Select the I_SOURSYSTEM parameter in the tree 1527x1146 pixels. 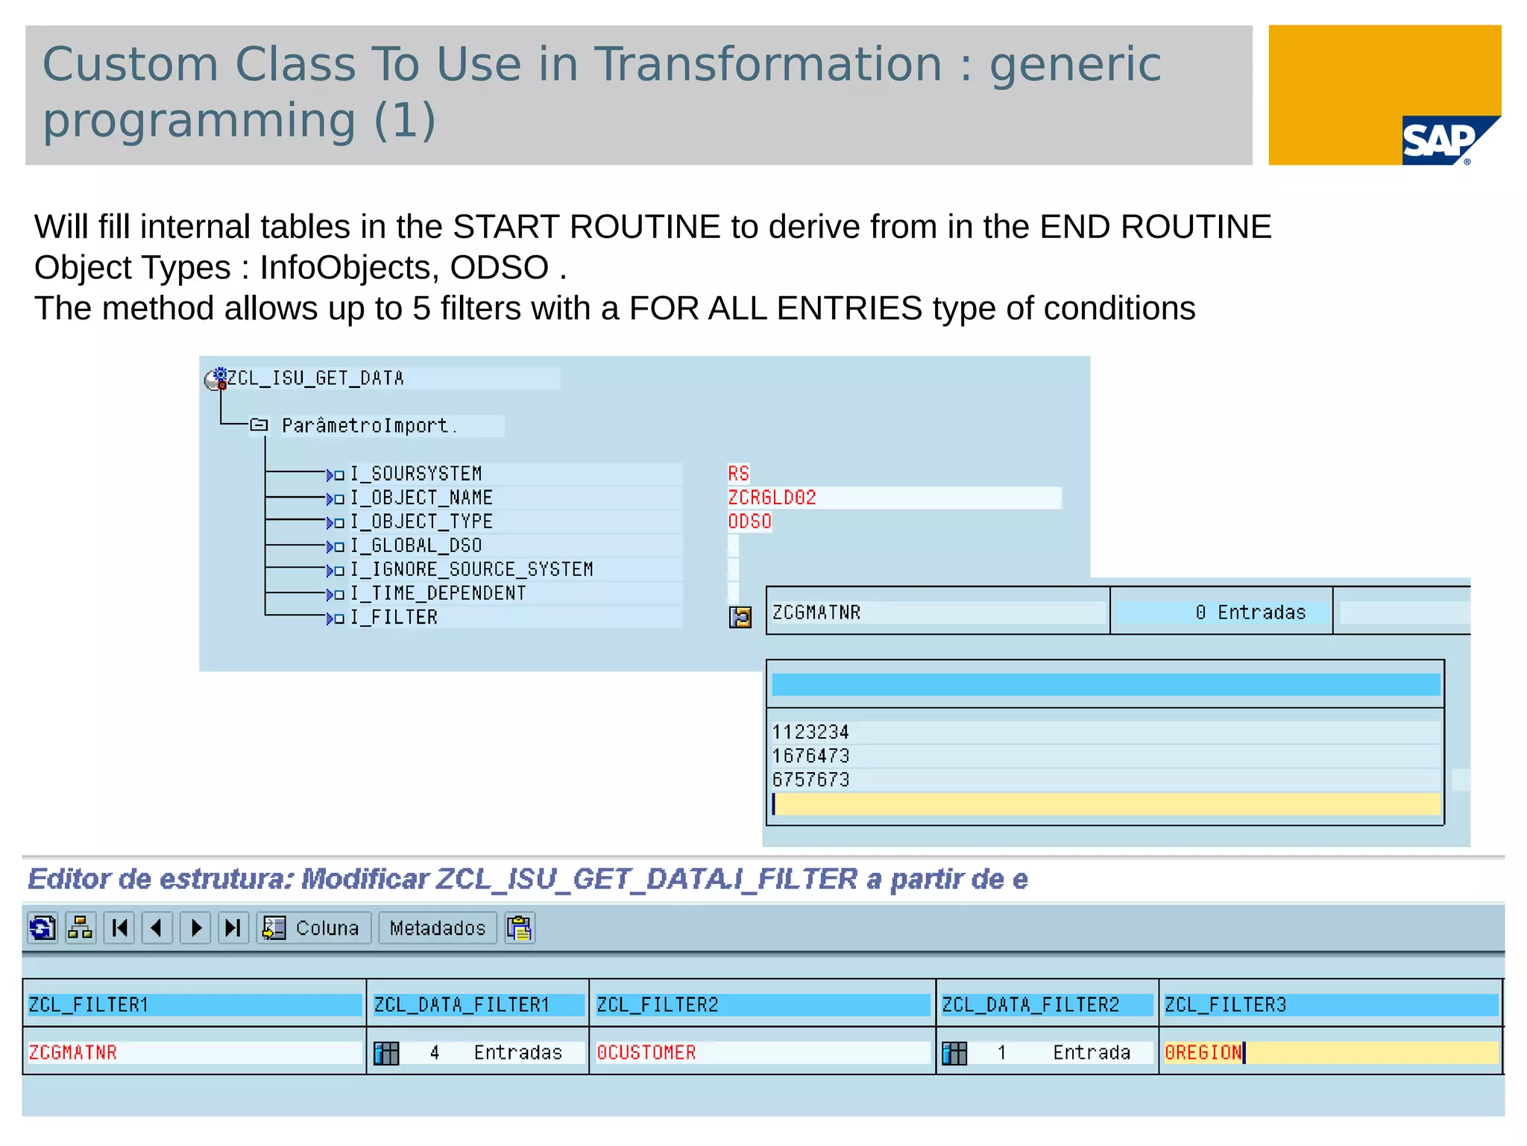coord(415,474)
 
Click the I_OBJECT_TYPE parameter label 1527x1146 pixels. coord(421,522)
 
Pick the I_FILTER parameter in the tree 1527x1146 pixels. coord(394,618)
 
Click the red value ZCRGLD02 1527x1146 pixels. coord(772,498)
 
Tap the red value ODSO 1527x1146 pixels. coord(749,522)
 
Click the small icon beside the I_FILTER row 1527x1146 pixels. coord(740,617)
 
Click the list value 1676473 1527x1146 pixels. coord(810,756)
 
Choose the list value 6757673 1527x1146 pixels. coord(810,780)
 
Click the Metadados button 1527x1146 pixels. coord(437,928)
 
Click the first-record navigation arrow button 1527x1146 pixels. coord(119,928)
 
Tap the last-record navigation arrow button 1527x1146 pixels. coord(233,928)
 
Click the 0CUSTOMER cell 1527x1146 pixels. coord(646,1053)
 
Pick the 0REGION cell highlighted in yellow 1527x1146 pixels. coord(1203,1053)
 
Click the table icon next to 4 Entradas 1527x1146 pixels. coord(386,1053)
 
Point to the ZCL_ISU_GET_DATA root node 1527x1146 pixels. coord(315,378)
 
